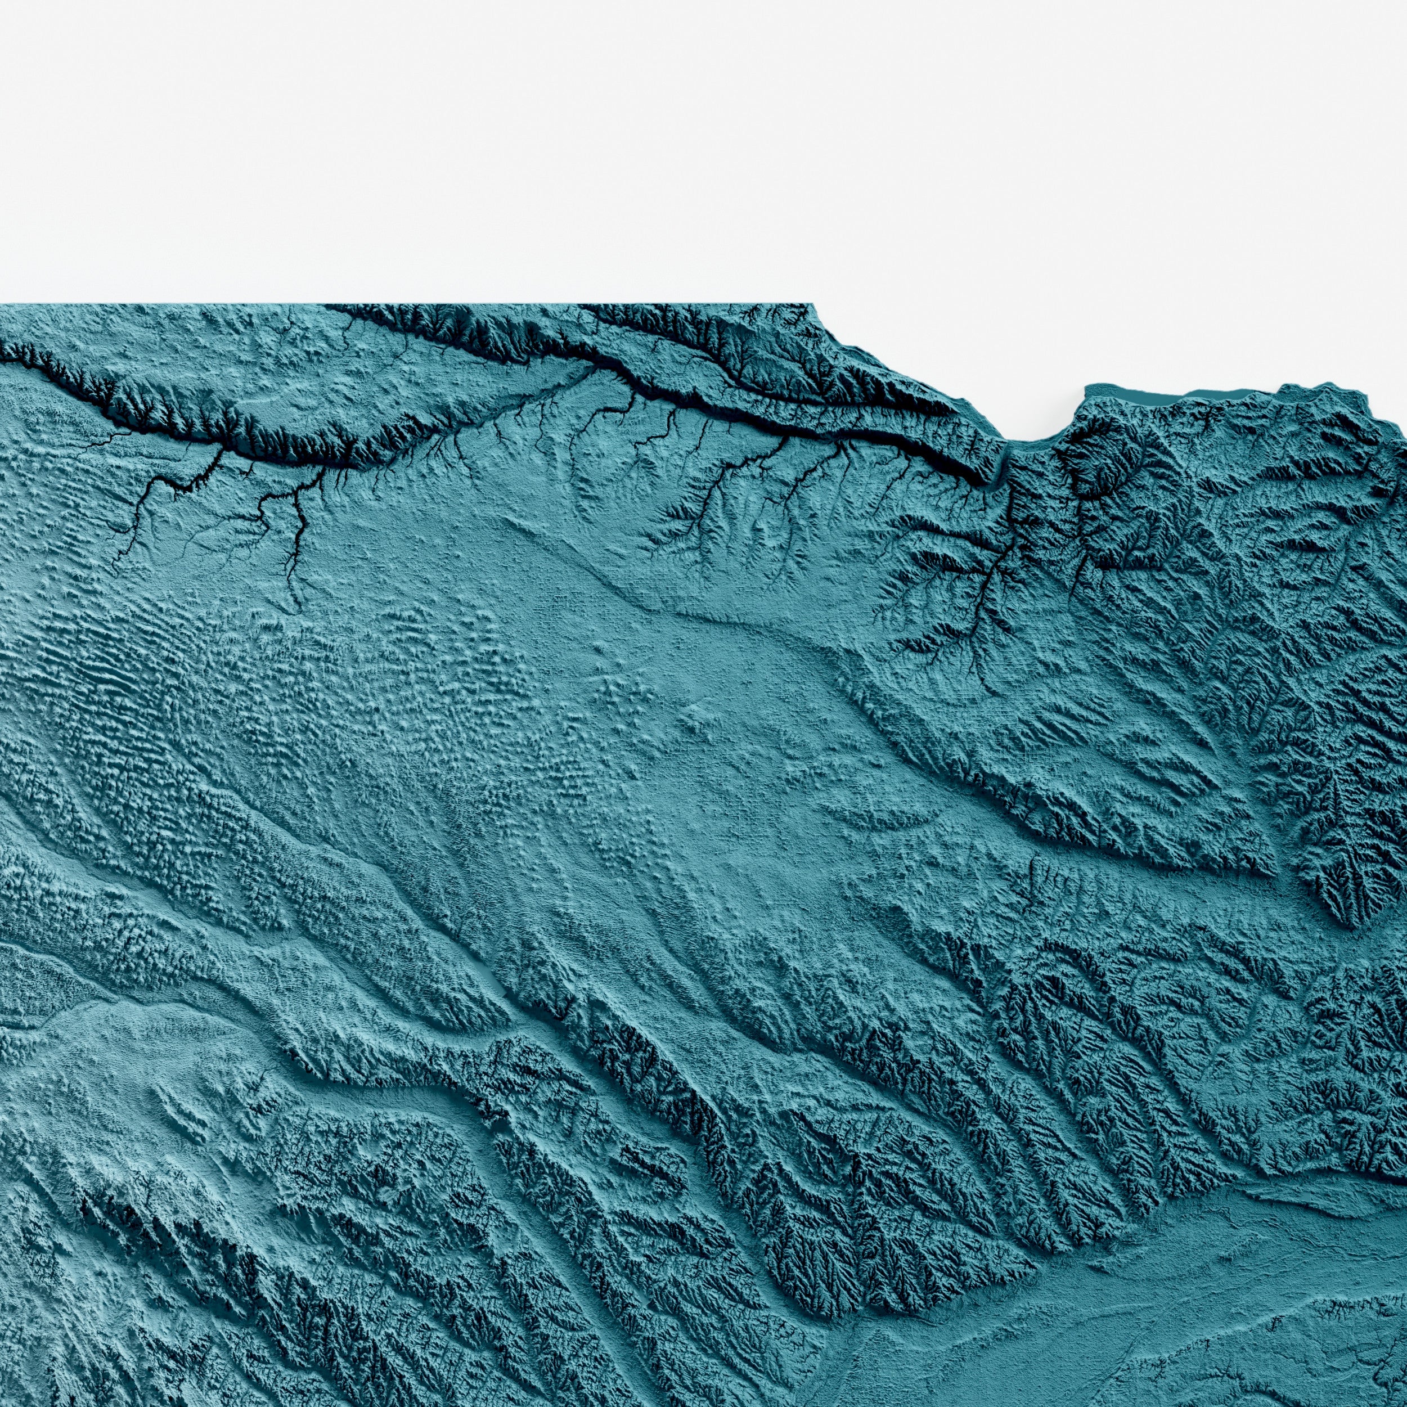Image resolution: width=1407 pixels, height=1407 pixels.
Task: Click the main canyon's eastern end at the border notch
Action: click(1001, 466)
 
